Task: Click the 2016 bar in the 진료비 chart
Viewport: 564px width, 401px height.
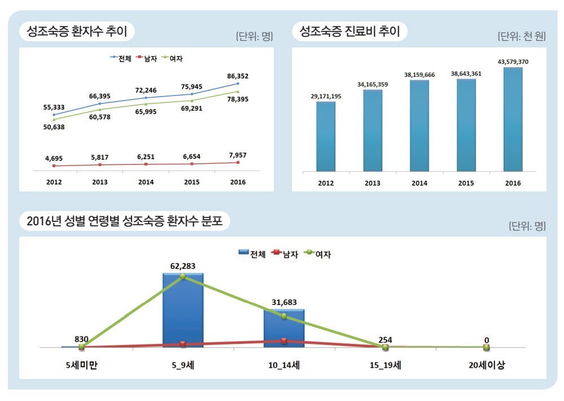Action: coord(513,119)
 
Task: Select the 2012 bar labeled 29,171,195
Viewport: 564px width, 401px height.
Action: coord(326,136)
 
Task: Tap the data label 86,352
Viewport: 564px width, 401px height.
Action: coord(238,76)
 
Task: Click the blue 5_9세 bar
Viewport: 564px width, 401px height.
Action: coord(182,310)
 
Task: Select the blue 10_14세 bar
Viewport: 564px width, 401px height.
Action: coord(283,328)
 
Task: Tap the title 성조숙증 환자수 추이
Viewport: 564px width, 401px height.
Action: coord(77,31)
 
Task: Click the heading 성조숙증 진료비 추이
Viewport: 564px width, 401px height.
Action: coord(349,31)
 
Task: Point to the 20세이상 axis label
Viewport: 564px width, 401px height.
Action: coord(487,365)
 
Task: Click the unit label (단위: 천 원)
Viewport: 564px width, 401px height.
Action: coord(521,37)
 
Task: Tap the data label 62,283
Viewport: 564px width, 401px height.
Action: coord(182,266)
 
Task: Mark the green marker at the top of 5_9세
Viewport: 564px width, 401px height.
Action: coord(182,276)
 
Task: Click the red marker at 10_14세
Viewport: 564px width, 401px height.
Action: coord(283,341)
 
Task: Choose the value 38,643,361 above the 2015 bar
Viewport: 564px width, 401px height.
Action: coord(466,73)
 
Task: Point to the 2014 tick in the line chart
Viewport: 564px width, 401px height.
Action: coord(146,182)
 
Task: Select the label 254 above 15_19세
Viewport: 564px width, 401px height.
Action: coord(385,340)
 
